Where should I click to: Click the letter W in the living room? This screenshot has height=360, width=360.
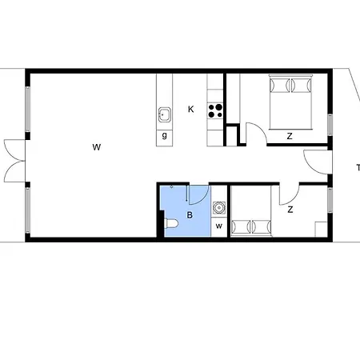point(96,146)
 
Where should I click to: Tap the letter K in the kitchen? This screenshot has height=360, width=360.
point(190,109)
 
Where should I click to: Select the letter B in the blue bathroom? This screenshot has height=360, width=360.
point(190,214)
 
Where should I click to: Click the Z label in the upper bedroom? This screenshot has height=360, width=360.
point(289,136)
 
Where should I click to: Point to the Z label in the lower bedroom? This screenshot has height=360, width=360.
point(290,210)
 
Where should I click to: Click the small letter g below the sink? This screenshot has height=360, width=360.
point(164,134)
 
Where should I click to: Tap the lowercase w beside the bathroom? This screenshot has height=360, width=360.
point(218,226)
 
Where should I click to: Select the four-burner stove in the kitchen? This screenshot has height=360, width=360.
point(215,110)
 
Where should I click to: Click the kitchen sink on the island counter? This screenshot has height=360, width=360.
point(165,114)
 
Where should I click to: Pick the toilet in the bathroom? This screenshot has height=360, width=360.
point(170,225)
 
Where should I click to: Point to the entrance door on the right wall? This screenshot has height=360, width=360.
point(318,162)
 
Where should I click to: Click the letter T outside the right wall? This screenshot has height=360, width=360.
point(357,167)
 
